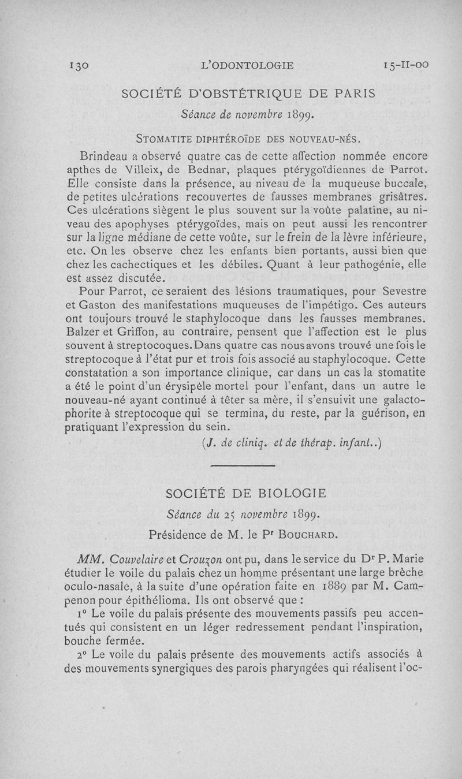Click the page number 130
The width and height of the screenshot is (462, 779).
coord(76,66)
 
